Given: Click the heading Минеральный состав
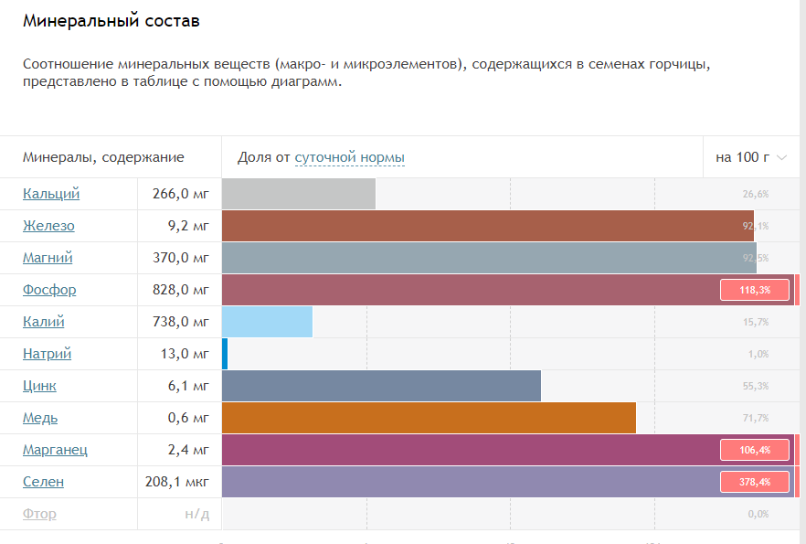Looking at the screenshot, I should [111, 20].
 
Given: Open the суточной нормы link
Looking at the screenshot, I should [349, 157].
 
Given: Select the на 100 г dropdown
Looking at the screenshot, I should [750, 157].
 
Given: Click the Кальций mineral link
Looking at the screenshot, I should [51, 194].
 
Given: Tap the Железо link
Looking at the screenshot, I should [48, 226].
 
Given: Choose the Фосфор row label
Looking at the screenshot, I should [49, 290].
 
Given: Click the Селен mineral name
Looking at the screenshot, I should [43, 482].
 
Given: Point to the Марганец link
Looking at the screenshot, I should [55, 450].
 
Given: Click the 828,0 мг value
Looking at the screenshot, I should [181, 290].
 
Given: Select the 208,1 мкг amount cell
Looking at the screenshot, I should [177, 482].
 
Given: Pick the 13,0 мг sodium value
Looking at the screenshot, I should [185, 354].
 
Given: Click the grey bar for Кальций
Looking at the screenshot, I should [299, 194].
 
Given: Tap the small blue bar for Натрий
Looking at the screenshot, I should [225, 354].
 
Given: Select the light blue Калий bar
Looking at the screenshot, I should [267, 322].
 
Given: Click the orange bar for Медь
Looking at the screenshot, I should [429, 418].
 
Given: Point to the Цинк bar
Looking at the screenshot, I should [381, 386].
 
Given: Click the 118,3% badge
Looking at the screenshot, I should [755, 290].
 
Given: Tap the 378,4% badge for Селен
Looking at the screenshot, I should [755, 482].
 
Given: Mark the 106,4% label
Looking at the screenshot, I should [755, 450].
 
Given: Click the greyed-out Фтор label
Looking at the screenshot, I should [39, 514].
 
